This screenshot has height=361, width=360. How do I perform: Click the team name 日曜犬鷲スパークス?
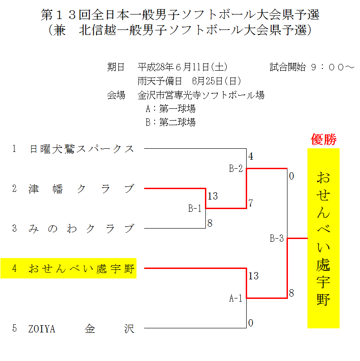coord(82,149)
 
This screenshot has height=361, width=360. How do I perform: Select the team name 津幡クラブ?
coord(82,189)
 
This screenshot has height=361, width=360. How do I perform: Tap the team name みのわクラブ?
coord(82,229)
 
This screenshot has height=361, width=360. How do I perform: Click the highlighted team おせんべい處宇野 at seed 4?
coord(82,268)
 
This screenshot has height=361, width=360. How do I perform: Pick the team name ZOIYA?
coord(42,329)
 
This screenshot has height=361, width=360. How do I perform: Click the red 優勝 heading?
coord(323,140)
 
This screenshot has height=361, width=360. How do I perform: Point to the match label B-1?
coord(195,209)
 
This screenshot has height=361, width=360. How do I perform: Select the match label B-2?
coord(236,169)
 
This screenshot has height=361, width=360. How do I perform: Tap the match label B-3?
coord(277,238)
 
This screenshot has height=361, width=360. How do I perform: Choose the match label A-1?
coord(236,298)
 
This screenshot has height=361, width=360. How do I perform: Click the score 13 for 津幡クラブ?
coord(213,196)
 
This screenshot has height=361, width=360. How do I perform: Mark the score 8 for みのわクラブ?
coord(210,223)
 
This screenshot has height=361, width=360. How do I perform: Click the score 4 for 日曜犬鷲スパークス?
coord(251,157)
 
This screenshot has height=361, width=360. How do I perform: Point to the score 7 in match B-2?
coord(251,202)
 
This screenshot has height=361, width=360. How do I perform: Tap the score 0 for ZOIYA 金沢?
coord(251,323)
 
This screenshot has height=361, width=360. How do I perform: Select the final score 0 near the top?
coord(292,176)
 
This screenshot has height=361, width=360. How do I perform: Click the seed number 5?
coord(15,329)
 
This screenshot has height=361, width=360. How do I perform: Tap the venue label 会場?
coord(116,95)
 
